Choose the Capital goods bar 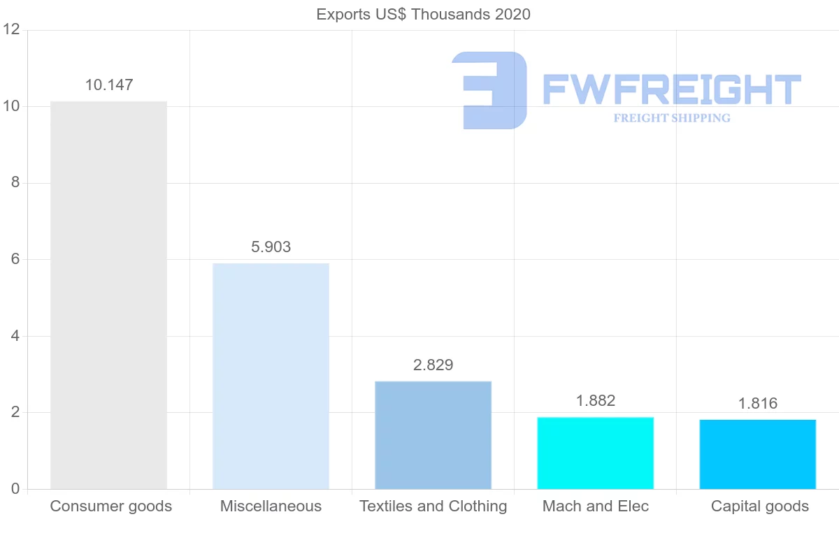[x=757, y=454]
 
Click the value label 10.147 [x=108, y=85]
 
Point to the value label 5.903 [x=271, y=247]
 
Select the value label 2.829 [x=433, y=365]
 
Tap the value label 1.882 [x=595, y=401]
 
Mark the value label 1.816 [x=757, y=404]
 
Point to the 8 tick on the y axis [x=14, y=183]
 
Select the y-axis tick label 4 [x=14, y=336]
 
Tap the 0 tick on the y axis [x=14, y=489]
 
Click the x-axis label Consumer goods [x=110, y=506]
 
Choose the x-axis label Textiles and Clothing [x=433, y=506]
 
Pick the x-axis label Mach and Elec [x=595, y=506]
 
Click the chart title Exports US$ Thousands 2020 [x=423, y=14]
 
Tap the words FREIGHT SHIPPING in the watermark [x=671, y=118]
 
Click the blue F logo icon [x=489, y=90]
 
